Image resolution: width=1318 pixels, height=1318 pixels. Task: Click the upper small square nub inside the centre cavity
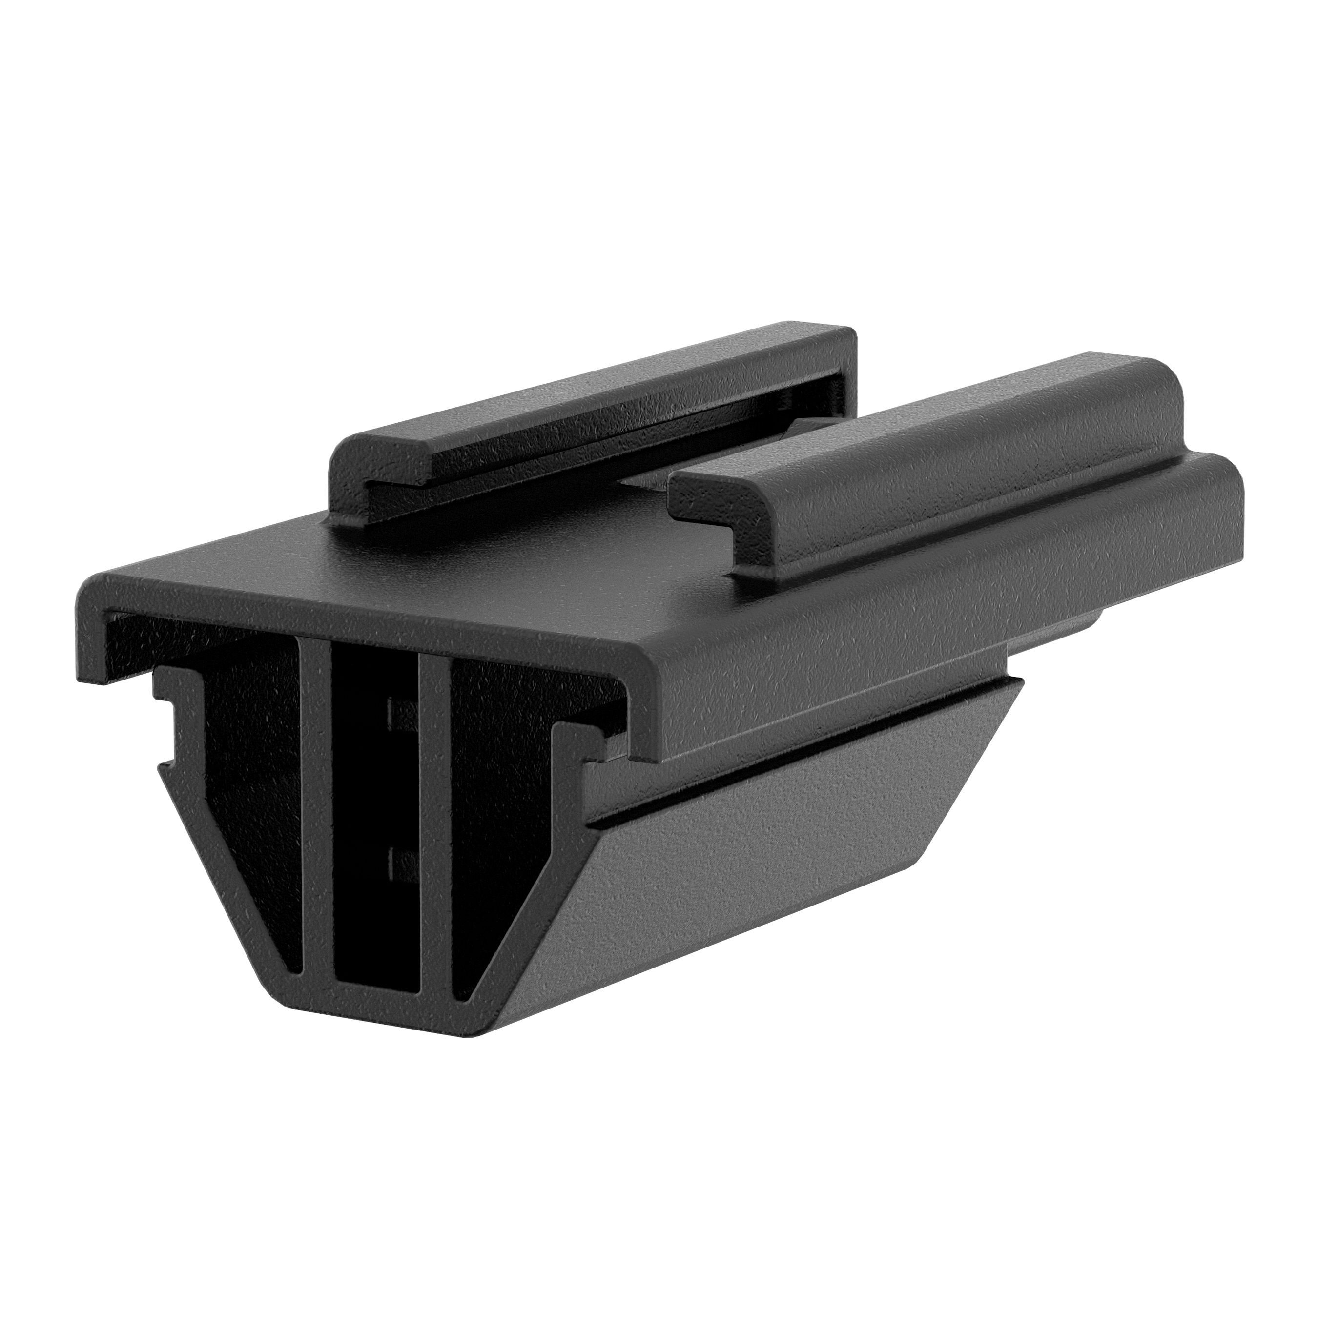tap(398, 714)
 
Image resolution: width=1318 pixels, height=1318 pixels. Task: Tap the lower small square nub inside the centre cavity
tap(398, 861)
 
